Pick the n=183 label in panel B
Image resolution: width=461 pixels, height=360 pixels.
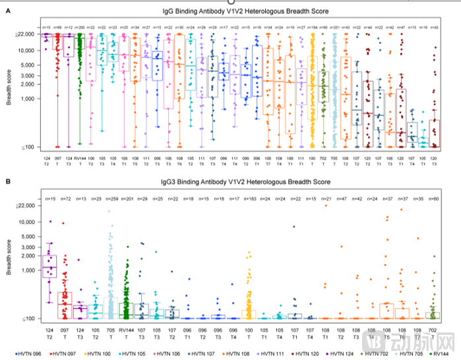coord(249,198)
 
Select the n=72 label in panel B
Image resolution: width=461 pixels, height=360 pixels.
coord(65,198)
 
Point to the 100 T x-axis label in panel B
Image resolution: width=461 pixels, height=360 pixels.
coord(249,332)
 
